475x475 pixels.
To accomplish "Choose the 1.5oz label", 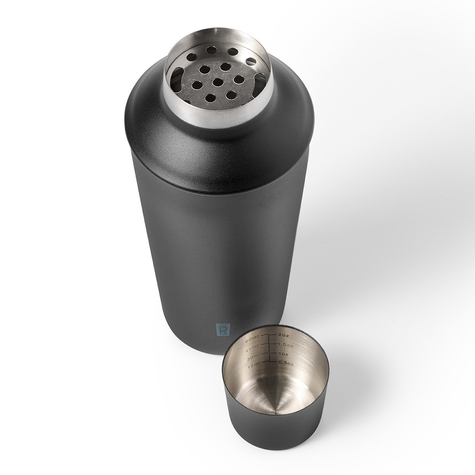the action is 285,345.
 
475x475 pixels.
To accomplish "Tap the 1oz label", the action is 283,354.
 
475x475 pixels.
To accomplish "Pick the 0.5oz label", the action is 285,363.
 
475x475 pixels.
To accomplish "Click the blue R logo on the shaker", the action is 223,330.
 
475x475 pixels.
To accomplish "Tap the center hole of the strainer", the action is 218,82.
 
